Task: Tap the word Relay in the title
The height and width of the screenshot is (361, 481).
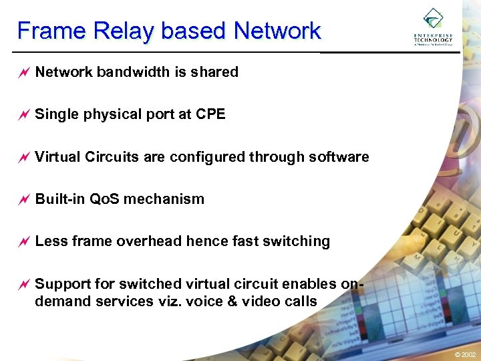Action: (x=122, y=31)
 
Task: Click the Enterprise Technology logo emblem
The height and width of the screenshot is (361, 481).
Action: (x=433, y=18)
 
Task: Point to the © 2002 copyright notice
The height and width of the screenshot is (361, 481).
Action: (x=465, y=354)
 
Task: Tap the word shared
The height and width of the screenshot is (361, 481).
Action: (x=215, y=72)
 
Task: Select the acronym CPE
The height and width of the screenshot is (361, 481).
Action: (x=210, y=114)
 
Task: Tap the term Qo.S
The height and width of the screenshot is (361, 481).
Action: (x=103, y=199)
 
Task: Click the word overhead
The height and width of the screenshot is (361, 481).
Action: (x=145, y=241)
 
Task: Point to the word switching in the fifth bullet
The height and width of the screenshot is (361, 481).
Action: (x=298, y=241)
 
